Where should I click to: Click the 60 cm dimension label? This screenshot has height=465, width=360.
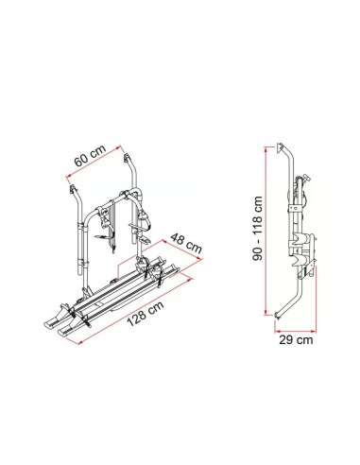[x=91, y=156]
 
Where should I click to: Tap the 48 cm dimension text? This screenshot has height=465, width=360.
[x=186, y=243]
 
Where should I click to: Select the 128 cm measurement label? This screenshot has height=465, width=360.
[x=146, y=314]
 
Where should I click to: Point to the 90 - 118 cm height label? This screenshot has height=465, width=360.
[x=258, y=229]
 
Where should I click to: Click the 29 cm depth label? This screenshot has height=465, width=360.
[x=296, y=340]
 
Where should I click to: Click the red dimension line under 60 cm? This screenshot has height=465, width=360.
[x=94, y=162]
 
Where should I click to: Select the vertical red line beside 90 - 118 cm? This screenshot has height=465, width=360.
[x=266, y=231]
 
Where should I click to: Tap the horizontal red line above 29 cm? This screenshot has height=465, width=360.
[x=295, y=331]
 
